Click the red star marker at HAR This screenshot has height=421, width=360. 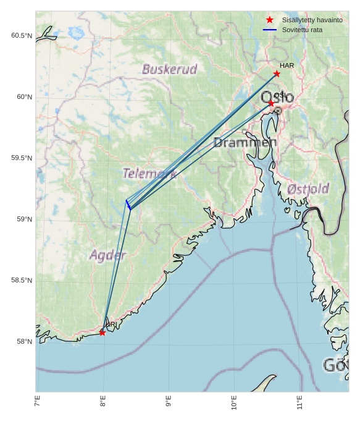click(x=277, y=74)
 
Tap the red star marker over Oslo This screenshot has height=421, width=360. click(x=270, y=103)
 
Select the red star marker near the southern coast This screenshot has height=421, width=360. click(x=102, y=333)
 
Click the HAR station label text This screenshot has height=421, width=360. click(x=287, y=66)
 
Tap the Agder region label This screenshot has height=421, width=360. click(x=107, y=255)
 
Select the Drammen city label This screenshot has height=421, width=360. click(x=245, y=143)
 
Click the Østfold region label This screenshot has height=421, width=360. click(x=308, y=189)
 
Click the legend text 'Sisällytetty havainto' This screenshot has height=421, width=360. click(x=312, y=20)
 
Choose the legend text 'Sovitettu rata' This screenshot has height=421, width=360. click(x=302, y=30)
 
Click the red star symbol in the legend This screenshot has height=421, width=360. click(x=269, y=20)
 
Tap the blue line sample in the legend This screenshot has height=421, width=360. click(x=269, y=30)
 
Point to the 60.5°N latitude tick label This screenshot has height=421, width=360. click(x=21, y=36)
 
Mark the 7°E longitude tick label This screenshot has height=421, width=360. click(x=37, y=402)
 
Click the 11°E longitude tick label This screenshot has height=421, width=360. click(x=299, y=402)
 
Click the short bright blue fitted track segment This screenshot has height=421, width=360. click(x=128, y=204)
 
